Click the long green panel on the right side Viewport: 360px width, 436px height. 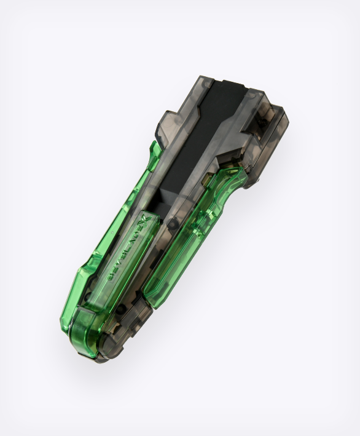pos(184,246)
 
